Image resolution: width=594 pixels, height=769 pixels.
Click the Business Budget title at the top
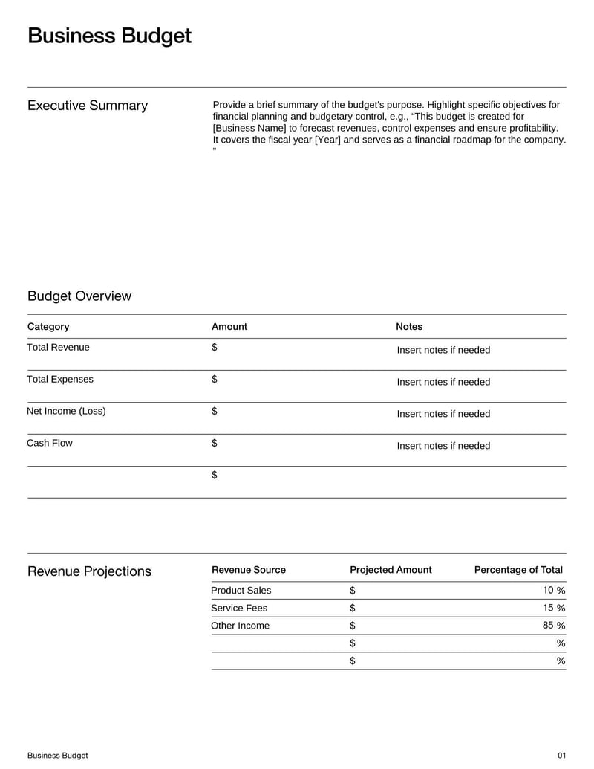(x=109, y=36)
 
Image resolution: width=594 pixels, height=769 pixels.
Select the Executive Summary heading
(x=88, y=106)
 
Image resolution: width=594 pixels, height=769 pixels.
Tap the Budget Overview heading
(x=79, y=296)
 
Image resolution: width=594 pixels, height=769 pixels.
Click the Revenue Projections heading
(x=89, y=571)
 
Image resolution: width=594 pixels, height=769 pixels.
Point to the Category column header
(x=48, y=327)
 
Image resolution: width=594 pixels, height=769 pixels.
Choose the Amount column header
(x=229, y=327)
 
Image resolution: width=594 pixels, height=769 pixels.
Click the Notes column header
(x=409, y=327)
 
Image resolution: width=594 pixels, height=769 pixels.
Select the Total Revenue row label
(x=58, y=348)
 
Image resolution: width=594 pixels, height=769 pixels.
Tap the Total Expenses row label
(x=60, y=380)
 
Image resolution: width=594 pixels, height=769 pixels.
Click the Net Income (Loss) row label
(x=66, y=412)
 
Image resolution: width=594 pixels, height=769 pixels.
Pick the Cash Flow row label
(x=50, y=444)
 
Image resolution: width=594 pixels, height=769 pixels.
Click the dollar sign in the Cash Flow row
(x=215, y=444)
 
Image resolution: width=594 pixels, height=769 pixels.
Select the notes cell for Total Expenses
(x=443, y=382)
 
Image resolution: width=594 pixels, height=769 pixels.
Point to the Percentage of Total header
(x=518, y=570)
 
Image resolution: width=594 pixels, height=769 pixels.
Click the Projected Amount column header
(x=391, y=570)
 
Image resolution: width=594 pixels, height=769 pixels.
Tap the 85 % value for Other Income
(x=554, y=626)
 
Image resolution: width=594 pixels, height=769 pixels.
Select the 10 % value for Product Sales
(x=554, y=591)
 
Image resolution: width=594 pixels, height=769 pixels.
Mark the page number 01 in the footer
(x=561, y=756)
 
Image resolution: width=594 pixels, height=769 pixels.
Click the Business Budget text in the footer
(x=58, y=756)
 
